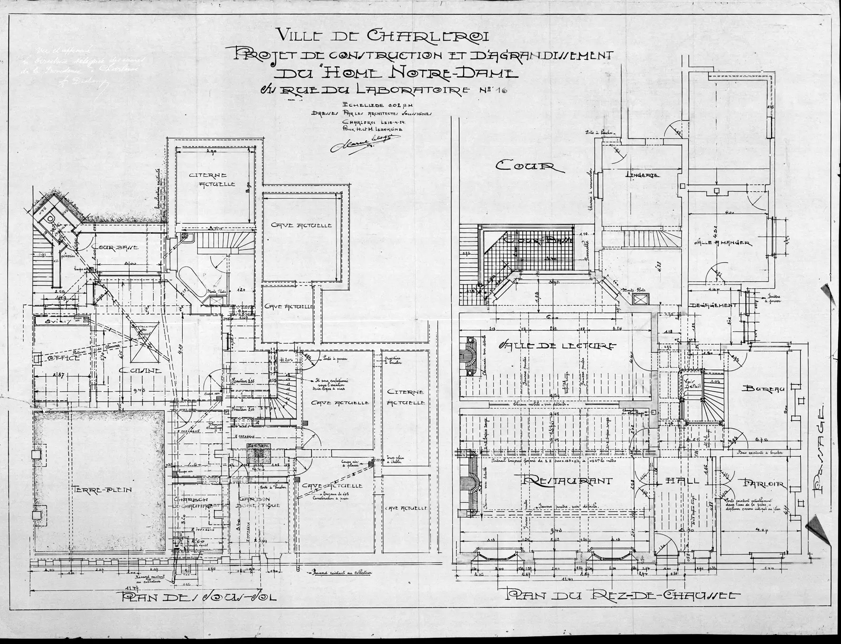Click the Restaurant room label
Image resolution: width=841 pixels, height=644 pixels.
click(567, 480)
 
